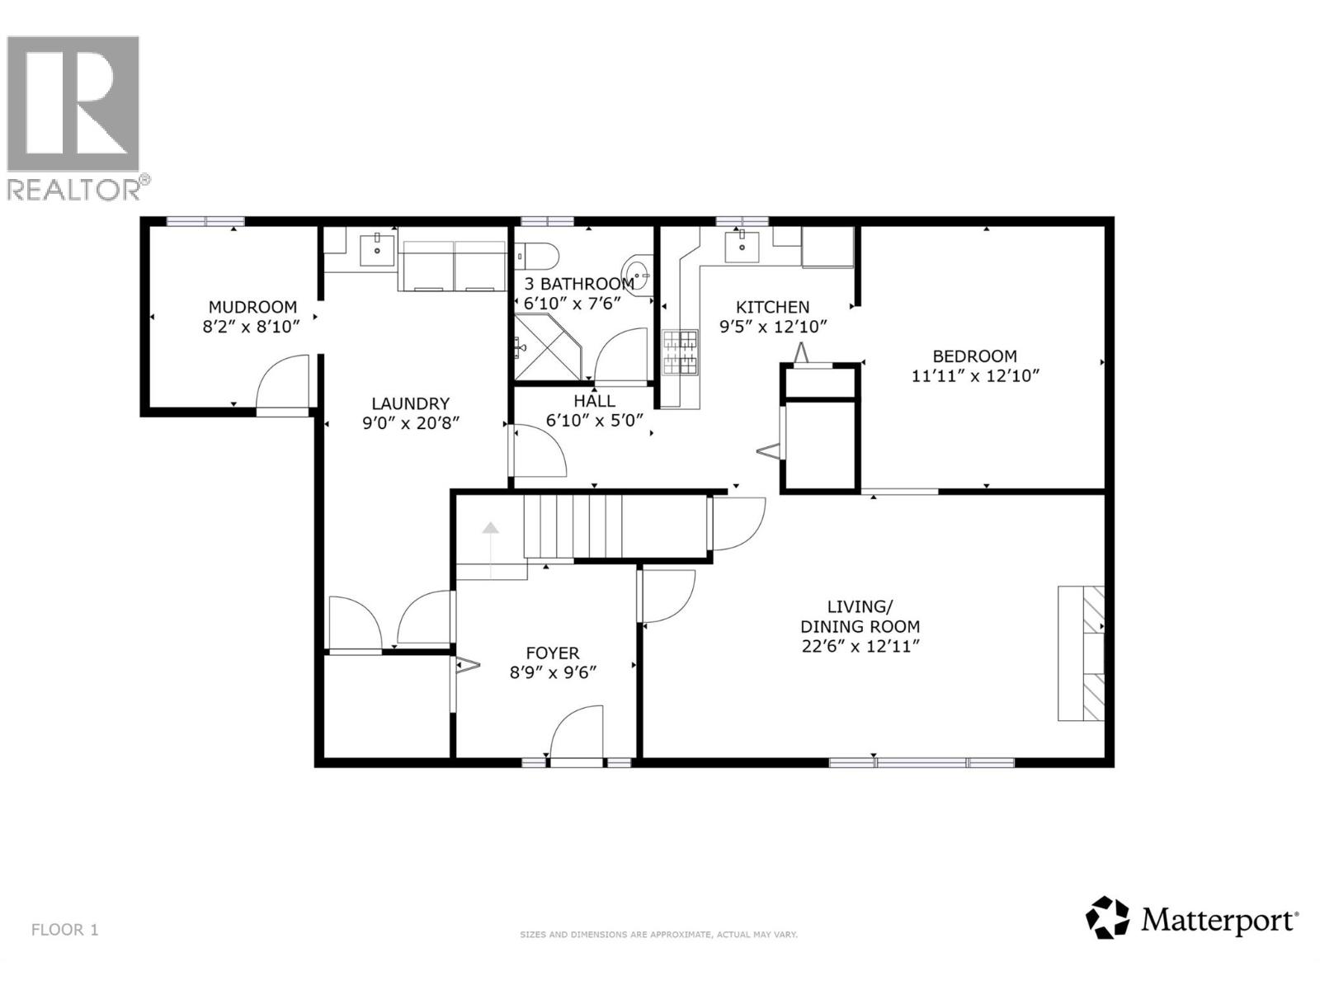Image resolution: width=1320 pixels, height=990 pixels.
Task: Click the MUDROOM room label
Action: [x=252, y=307]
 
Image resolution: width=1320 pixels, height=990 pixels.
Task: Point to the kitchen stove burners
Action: [x=680, y=353]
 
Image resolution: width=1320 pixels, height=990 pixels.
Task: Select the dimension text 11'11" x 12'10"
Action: [x=974, y=376]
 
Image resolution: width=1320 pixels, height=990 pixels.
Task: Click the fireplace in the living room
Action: [x=1082, y=653]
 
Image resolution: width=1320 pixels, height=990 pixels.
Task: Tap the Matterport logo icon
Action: [x=1107, y=917]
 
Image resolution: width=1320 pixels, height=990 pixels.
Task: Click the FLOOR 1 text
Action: [x=64, y=930]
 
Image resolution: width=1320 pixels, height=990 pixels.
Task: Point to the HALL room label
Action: [x=594, y=401]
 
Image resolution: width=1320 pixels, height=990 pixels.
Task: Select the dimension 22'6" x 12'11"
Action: [x=860, y=646]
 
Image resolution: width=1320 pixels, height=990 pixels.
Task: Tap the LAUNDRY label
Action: [x=410, y=403]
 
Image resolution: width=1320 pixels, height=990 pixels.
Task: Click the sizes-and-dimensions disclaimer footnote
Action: [x=658, y=935]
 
